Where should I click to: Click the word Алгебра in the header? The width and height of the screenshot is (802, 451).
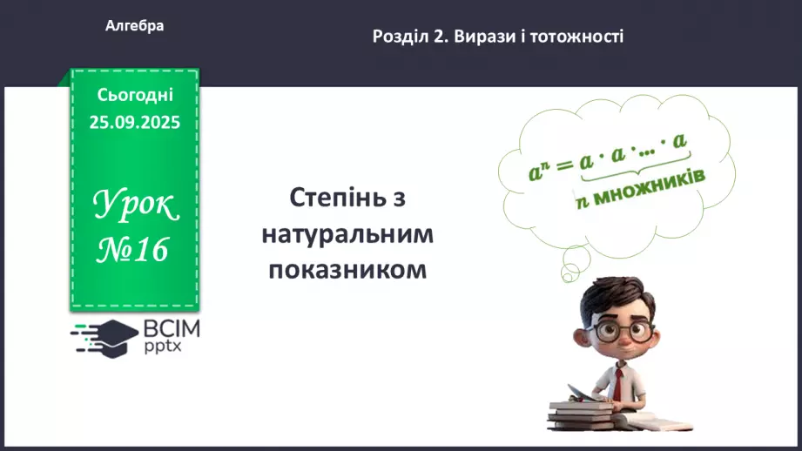pyautogui.click(x=134, y=26)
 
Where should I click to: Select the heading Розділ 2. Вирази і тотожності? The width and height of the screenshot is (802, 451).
pyautogui.click(x=498, y=37)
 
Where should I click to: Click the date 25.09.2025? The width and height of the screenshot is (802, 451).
pyautogui.click(x=135, y=123)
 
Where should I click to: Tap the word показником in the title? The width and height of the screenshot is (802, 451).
pyautogui.click(x=347, y=269)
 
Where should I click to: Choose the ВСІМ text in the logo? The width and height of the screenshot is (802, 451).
pyautogui.click(x=171, y=329)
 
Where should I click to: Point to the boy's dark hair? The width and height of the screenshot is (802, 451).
pyautogui.click(x=615, y=296)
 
